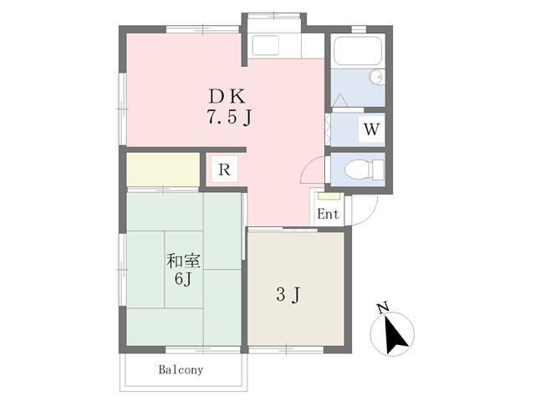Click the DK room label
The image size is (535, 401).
227,96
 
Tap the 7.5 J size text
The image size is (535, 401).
229,118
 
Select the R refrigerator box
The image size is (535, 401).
224,170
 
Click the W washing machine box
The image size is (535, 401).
371,129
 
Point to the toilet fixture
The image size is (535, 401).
364,170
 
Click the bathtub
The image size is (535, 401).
358,51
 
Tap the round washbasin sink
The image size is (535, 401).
376,77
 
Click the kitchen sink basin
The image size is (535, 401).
266,46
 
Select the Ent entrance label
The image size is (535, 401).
329,214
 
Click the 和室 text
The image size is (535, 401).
183,261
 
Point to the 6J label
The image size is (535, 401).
182,279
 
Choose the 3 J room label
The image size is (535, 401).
288,294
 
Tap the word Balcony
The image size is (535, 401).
181,369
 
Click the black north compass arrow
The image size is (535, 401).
395,335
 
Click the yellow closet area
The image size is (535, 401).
163,170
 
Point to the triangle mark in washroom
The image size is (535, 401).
340,100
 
